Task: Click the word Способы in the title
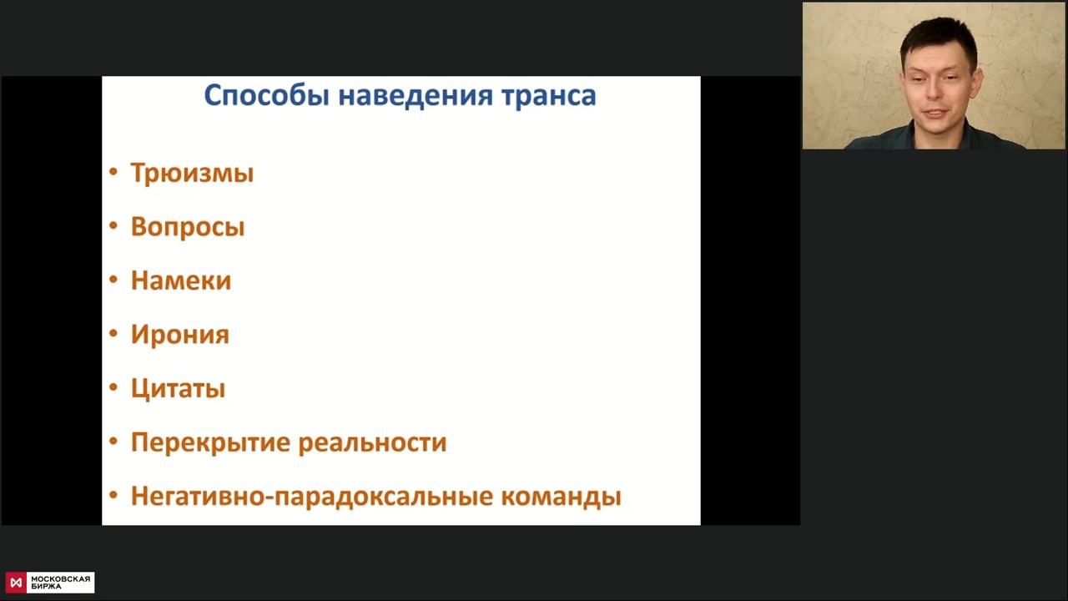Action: click(266, 96)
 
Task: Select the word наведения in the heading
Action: click(416, 95)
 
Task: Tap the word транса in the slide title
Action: click(549, 96)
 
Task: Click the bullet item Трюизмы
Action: click(192, 172)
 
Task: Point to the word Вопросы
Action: click(188, 226)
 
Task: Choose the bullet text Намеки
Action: click(181, 280)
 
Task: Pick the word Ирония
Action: click(180, 335)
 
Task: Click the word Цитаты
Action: click(178, 388)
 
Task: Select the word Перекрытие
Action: click(210, 442)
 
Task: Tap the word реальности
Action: click(373, 442)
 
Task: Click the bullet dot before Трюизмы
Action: click(113, 172)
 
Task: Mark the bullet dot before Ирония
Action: click(113, 333)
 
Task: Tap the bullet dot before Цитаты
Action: click(113, 387)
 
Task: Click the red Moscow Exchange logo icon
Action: click(16, 583)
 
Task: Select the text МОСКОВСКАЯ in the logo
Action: click(61, 579)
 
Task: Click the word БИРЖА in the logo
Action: click(46, 587)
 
